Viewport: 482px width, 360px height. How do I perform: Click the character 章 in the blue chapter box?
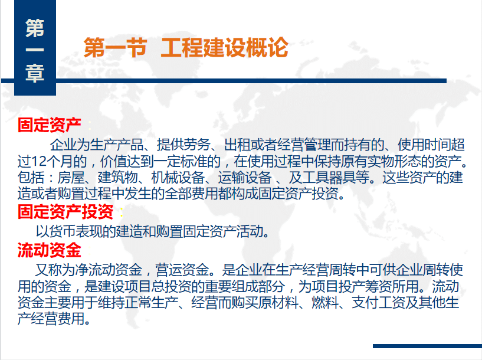pos(35,74)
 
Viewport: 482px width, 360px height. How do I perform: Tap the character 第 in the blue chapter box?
pos(35,28)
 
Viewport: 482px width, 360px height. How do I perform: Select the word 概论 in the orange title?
pos(267,47)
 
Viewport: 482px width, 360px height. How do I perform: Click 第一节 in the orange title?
pos(115,47)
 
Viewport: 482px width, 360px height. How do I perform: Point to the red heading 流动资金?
pos(50,250)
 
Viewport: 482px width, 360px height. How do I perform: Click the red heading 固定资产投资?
pos(65,211)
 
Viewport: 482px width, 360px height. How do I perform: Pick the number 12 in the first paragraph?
pos(38,161)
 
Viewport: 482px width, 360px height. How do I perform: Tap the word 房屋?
pos(71,178)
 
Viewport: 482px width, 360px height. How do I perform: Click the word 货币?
pos(63,231)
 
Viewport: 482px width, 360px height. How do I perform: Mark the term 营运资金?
pos(182,270)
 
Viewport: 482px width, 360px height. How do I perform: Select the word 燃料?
pos(325,303)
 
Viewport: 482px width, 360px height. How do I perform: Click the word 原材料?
pos(278,303)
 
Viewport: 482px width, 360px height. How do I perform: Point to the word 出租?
pos(237,145)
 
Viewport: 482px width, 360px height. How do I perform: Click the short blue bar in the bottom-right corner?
pos(427,346)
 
